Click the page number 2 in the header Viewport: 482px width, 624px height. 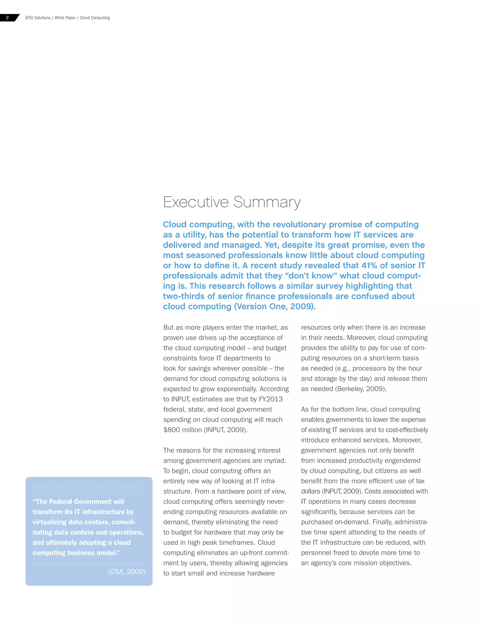click(x=8, y=18)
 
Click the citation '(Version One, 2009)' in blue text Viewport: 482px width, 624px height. click(x=275, y=307)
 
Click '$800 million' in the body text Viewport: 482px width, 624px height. click(x=182, y=430)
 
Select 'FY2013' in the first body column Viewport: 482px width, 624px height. click(x=270, y=399)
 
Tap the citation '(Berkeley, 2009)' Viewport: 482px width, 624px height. click(x=361, y=389)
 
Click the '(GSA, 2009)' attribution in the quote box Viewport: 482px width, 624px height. click(x=126, y=572)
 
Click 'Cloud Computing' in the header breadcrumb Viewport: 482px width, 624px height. click(x=95, y=18)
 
